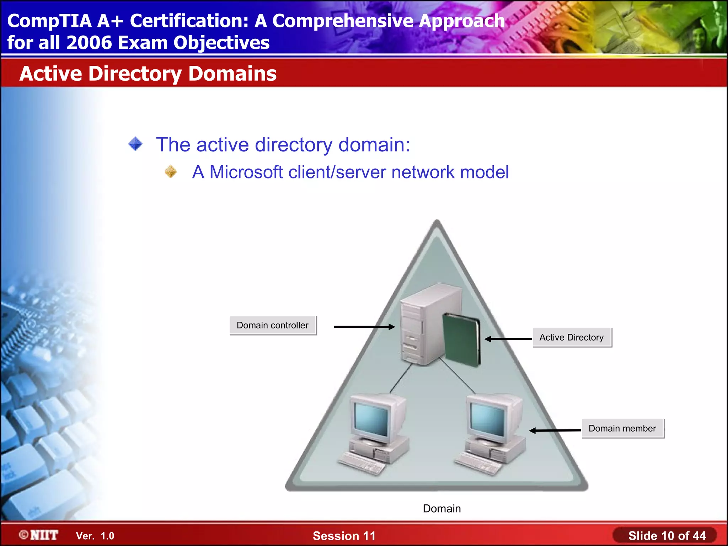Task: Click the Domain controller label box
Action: click(273, 325)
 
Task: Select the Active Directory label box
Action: click(572, 337)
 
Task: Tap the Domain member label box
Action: click(622, 428)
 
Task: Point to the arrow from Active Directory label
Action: click(508, 339)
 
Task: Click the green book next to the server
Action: click(461, 340)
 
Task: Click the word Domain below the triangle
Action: click(441, 509)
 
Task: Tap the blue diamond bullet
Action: click(135, 144)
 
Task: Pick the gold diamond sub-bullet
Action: click(171, 172)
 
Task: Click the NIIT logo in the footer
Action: click(39, 535)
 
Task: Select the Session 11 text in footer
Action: click(344, 536)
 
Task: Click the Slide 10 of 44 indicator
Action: click(667, 535)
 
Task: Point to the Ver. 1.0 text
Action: click(95, 536)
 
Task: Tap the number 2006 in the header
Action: click(89, 43)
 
